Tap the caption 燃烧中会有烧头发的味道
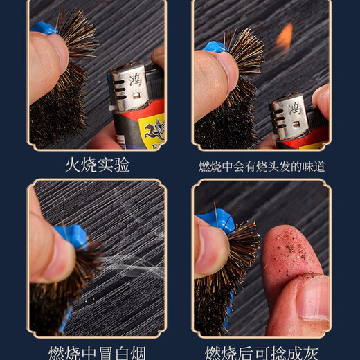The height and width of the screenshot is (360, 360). click(262, 166)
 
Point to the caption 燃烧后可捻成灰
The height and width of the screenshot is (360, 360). click(262, 351)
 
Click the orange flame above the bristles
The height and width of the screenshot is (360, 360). click(285, 37)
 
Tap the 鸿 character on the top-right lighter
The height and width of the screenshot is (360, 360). click(294, 108)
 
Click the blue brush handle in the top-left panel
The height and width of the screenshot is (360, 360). click(43, 28)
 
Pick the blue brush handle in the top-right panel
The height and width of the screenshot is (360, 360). click(213, 47)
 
